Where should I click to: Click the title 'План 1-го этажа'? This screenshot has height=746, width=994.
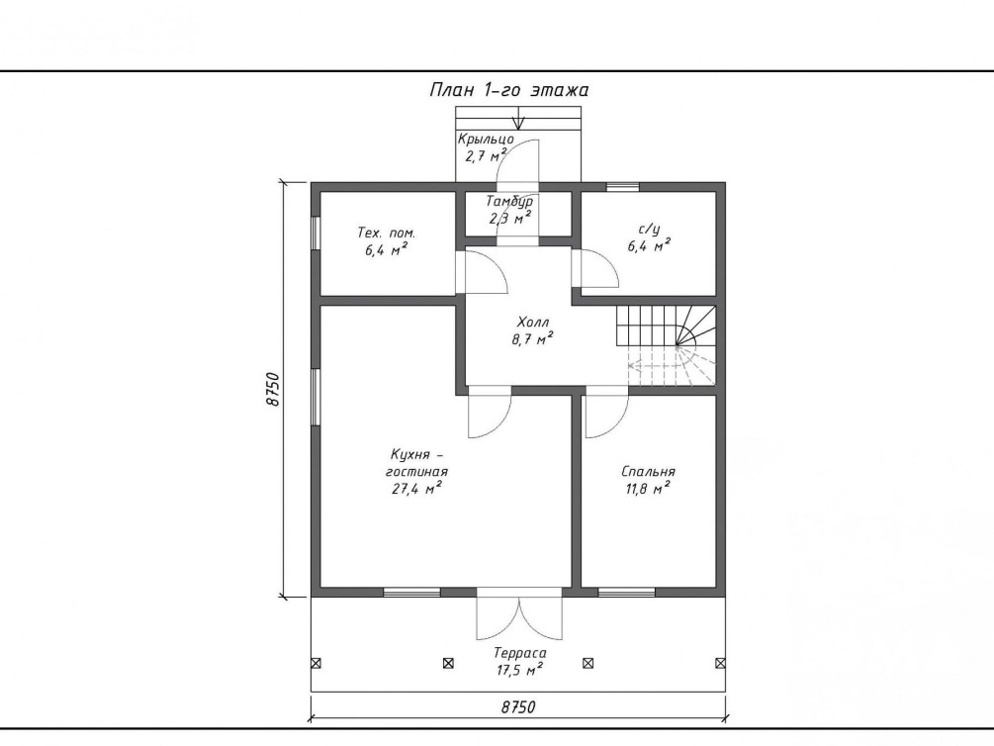pos(509,90)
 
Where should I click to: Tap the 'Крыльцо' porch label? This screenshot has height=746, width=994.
pos(486,139)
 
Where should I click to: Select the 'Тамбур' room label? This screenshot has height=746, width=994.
pos(509,201)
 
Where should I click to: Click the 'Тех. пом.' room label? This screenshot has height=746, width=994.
pos(386,233)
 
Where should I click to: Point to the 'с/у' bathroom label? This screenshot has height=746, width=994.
pos(649,229)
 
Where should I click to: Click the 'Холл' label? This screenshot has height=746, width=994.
pos(532,323)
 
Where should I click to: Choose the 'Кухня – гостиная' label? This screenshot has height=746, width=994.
pos(416,463)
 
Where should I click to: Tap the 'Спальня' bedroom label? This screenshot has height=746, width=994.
pos(649,472)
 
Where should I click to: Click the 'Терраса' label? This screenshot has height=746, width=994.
pos(520,653)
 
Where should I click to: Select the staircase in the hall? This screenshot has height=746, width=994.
pos(666,345)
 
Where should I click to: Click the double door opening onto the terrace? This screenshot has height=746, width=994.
pos(519,614)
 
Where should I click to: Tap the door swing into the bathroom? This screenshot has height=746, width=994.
pos(594,268)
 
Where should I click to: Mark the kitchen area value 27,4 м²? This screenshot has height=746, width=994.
pos(416,489)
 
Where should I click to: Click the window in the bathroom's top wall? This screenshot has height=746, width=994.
pos(622,186)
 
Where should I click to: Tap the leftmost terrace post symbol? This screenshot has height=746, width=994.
pos(316,664)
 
